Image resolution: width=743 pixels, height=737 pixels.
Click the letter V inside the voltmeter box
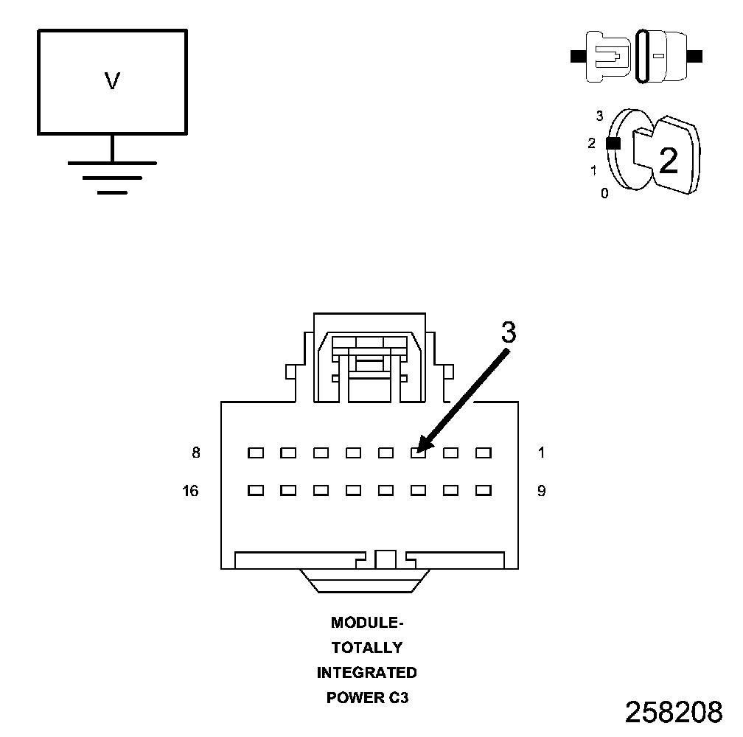coord(112,81)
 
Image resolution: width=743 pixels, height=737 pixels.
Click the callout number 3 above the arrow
coord(509,333)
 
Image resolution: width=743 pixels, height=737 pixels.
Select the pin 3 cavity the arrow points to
coord(418,453)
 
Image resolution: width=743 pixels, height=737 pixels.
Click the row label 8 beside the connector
coord(196,453)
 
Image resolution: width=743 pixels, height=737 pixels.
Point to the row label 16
coord(191,490)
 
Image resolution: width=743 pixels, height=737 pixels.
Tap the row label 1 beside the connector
coord(542,453)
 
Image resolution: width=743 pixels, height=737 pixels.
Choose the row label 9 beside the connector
coord(542,490)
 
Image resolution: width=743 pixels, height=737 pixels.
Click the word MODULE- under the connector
coord(367,623)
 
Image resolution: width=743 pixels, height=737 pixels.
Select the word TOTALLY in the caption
coord(367,648)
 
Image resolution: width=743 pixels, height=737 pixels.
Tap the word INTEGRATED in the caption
coord(367,673)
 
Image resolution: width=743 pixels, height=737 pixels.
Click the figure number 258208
coord(674,712)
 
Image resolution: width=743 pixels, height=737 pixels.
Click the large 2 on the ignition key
coord(669,161)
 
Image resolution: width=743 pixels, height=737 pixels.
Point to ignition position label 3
coord(599,116)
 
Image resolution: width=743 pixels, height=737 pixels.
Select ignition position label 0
coord(604,194)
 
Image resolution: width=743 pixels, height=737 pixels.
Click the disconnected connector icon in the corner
coord(637,56)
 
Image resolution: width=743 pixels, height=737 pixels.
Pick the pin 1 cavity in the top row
coord(483,453)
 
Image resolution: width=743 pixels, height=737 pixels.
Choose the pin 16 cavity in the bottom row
coord(256,489)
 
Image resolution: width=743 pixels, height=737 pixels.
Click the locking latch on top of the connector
coord(369,357)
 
